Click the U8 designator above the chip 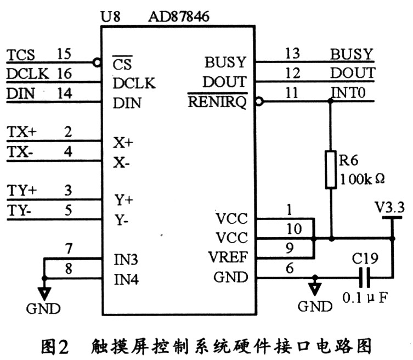112,14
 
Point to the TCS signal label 21,55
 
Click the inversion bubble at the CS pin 98,63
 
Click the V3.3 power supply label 390,207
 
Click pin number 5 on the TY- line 68,209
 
